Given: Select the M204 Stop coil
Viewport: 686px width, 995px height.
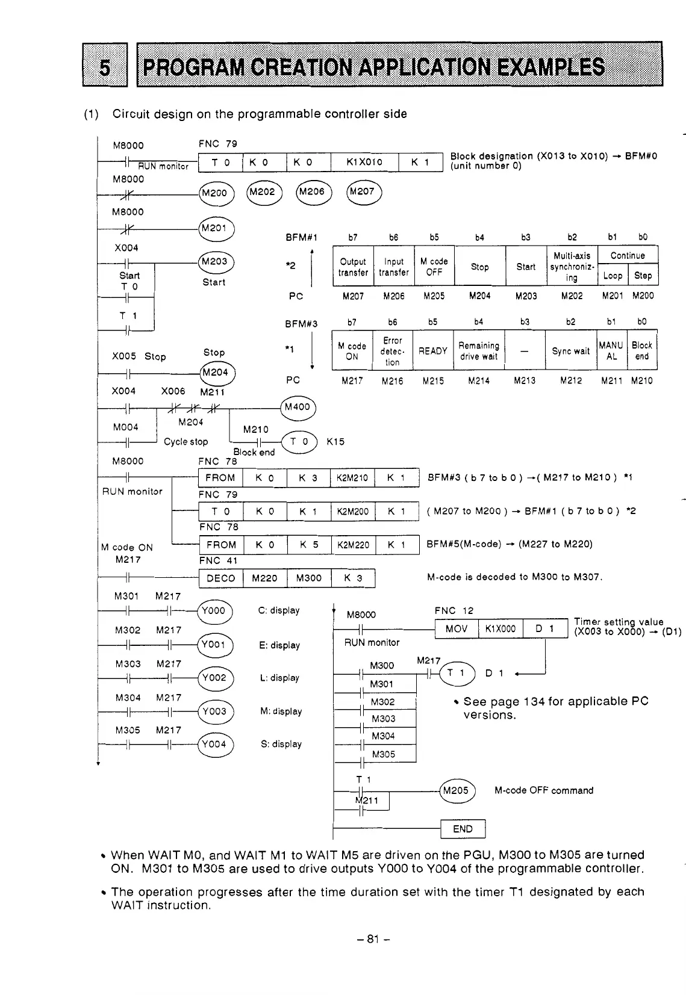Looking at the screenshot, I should [x=215, y=373].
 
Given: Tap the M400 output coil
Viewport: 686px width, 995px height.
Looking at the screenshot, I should [x=298, y=407].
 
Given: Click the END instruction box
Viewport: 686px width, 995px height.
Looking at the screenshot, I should [x=463, y=829].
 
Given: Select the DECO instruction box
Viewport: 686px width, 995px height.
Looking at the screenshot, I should [x=220, y=578].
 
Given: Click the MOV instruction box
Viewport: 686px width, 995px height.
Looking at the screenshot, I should [x=457, y=628].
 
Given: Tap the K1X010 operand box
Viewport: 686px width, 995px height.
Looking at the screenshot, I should [x=364, y=163].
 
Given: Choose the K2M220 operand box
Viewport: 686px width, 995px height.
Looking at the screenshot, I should [x=352, y=544].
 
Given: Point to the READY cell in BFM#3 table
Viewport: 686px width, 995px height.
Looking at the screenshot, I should [x=432, y=351].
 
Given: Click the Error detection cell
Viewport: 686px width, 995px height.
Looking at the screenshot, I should [x=392, y=351].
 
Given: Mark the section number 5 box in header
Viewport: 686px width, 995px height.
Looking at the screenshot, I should [x=105, y=64].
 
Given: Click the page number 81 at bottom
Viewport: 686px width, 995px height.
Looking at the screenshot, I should [x=373, y=938].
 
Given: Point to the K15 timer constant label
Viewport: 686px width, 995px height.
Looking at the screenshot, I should [x=335, y=441].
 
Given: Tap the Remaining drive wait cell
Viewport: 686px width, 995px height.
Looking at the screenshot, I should [x=479, y=351].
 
